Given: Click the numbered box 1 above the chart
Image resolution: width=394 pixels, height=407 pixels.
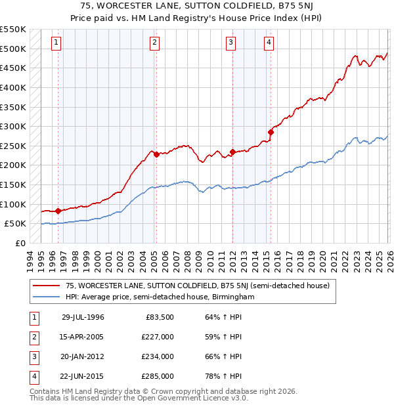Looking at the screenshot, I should coord(57,43).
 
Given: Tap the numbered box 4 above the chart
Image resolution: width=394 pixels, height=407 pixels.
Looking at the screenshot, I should coord(269,43).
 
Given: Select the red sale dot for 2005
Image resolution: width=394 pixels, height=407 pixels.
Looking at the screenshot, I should coord(156,155).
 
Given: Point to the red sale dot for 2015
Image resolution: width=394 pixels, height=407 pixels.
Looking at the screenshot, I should coord(271,132).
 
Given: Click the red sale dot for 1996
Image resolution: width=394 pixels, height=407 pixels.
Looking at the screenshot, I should coord(58,211).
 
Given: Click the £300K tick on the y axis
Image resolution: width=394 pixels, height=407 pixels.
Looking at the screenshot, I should coord(12,126).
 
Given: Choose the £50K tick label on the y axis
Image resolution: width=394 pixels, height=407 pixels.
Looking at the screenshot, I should coord(15,224).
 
